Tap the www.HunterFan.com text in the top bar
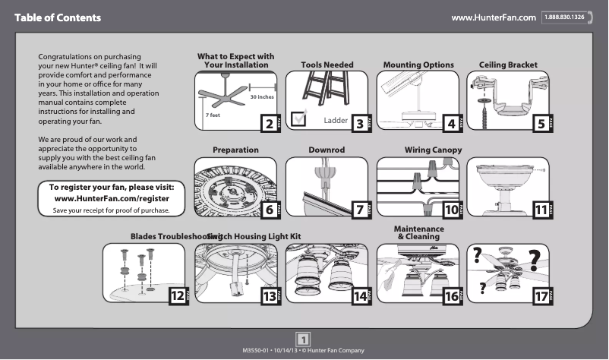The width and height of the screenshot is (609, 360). [494, 17]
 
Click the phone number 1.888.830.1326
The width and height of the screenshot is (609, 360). [563, 17]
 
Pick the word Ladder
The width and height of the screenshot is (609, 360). [336, 122]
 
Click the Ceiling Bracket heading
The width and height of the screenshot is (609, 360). [508, 65]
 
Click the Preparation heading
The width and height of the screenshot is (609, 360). [235, 150]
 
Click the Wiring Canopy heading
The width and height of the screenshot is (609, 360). [433, 150]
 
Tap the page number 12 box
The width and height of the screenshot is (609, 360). [177, 296]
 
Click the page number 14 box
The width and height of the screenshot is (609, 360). [359, 296]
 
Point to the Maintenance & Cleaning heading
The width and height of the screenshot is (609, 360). [418, 233]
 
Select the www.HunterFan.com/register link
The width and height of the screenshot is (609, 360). [112, 198]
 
